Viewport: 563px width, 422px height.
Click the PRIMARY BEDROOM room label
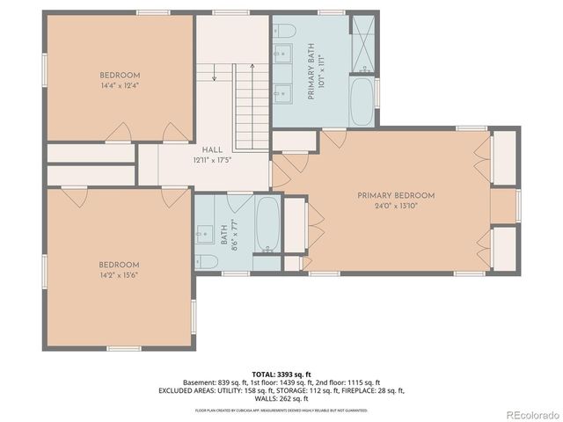[396, 195]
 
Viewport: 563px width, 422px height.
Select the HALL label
[211, 150]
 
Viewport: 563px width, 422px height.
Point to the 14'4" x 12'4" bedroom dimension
[118, 84]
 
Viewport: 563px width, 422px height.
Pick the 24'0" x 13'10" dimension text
[396, 206]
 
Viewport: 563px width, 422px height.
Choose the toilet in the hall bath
[206, 260]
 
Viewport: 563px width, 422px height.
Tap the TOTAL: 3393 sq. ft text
[281, 375]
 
